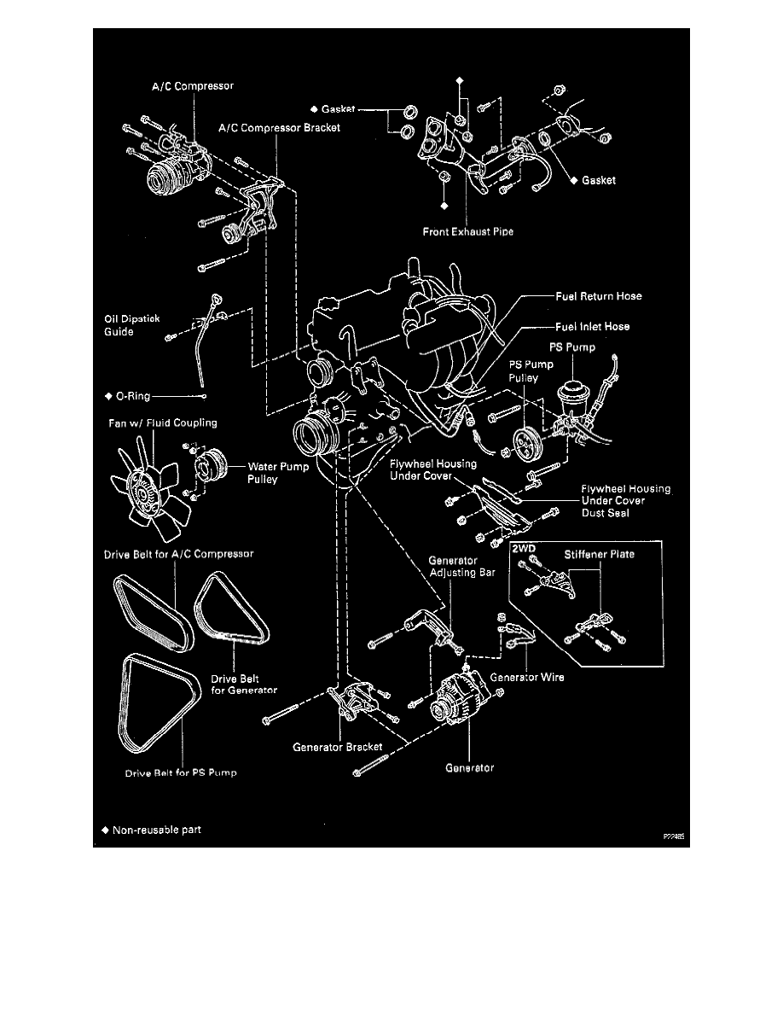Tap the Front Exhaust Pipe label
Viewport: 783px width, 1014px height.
pyautogui.click(x=467, y=231)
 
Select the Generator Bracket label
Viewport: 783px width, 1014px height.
pyautogui.click(x=337, y=746)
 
